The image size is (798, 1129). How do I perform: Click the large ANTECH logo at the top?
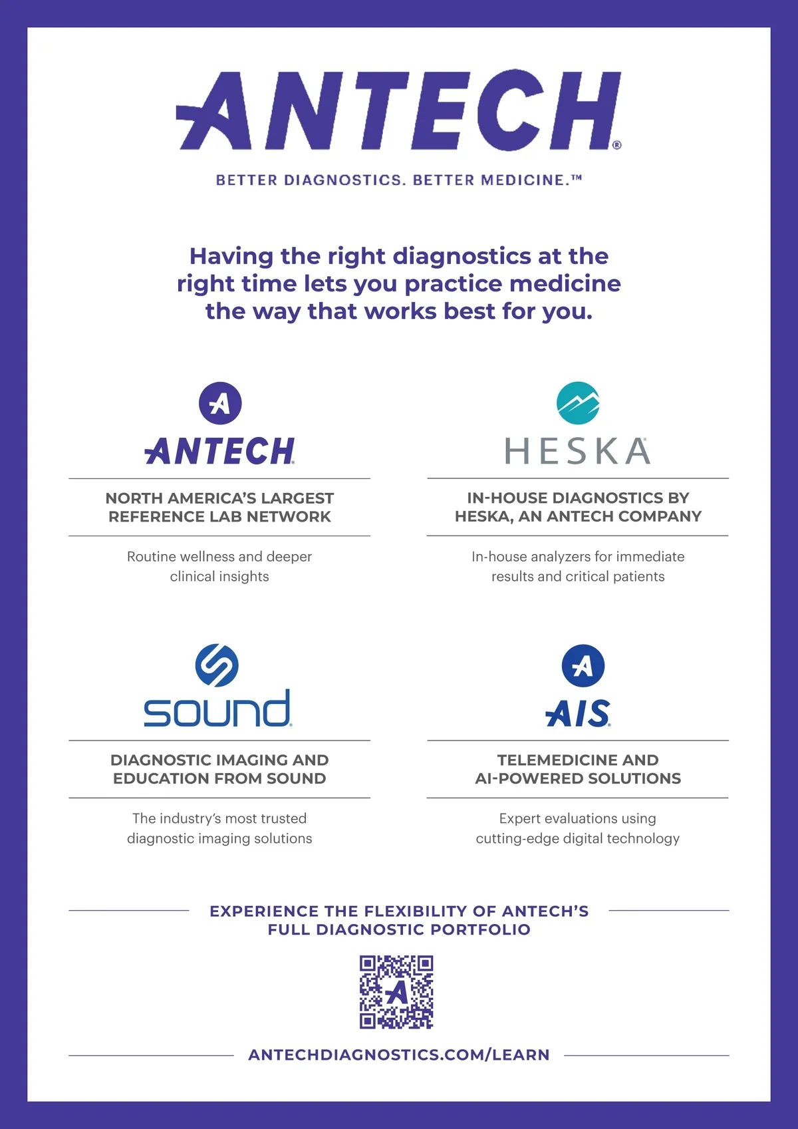399,110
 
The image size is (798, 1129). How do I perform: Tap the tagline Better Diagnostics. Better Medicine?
399,180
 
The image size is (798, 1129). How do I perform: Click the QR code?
396,992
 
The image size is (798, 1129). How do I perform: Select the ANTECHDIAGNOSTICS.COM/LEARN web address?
399,1054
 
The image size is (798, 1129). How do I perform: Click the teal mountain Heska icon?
578,403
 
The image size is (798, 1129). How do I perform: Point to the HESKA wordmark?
578,451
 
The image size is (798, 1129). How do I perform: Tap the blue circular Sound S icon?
217,665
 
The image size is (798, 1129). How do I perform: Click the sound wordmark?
217,709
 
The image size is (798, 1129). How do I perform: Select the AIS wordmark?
578,714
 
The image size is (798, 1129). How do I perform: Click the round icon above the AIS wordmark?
583,665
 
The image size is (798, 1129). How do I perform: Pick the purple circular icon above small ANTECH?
220,403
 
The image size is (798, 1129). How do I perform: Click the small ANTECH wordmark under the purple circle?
219,451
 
